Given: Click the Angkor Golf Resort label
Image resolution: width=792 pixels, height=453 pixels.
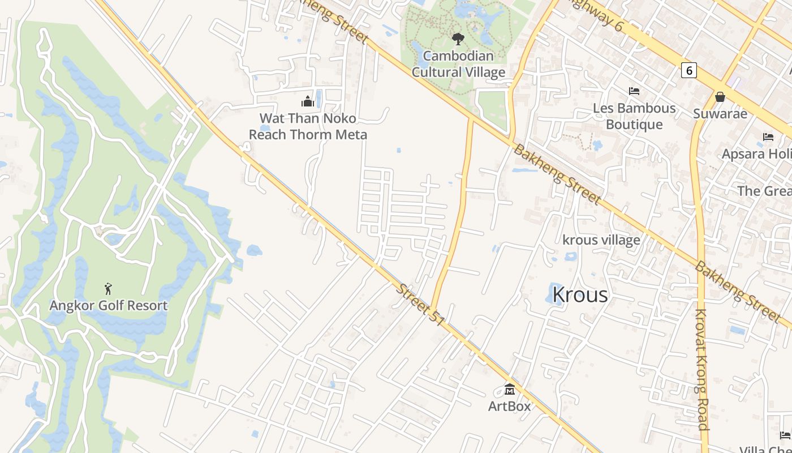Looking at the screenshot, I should pos(109,306).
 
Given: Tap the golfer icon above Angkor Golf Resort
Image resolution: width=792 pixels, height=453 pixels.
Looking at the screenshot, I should pos(108,289).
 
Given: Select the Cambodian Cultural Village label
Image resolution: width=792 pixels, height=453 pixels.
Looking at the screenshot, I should pos(458,64).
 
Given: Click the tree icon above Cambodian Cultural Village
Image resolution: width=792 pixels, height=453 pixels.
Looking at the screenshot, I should pos(458,39).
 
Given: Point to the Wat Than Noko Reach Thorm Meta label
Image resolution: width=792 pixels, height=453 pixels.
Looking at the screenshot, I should pos(308,126).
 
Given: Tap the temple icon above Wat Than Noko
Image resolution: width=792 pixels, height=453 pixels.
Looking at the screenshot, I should pos(308,101).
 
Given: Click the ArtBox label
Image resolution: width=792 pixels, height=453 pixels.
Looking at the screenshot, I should pos(510,406).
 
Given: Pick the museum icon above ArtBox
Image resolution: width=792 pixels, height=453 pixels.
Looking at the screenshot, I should pos(510,389).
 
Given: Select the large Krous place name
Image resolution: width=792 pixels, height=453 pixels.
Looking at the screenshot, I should pos(580,294).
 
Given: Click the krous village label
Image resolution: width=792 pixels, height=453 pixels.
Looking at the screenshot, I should pos(601,240).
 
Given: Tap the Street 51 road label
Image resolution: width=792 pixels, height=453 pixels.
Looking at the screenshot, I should pos(420,304).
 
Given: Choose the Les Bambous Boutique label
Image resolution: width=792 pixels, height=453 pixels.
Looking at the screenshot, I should pos(634,116).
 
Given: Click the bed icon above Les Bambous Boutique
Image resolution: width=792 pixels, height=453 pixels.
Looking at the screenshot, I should pos(634,91).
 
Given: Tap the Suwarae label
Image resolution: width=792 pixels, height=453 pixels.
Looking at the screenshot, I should pos(720,113).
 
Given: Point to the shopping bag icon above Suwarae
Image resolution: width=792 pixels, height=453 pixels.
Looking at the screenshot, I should pos(720,97).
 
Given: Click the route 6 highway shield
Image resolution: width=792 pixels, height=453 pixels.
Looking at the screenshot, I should pos(688,70).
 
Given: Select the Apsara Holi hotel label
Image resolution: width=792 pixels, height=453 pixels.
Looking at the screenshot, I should pos(756,154).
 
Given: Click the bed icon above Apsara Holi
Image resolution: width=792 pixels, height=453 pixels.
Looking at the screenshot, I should pos(768,137).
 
